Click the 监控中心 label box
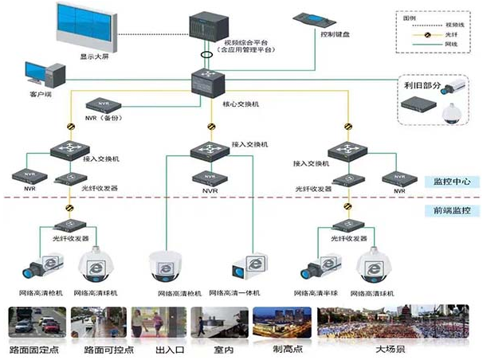[451, 182]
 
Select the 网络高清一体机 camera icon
[249, 266]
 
